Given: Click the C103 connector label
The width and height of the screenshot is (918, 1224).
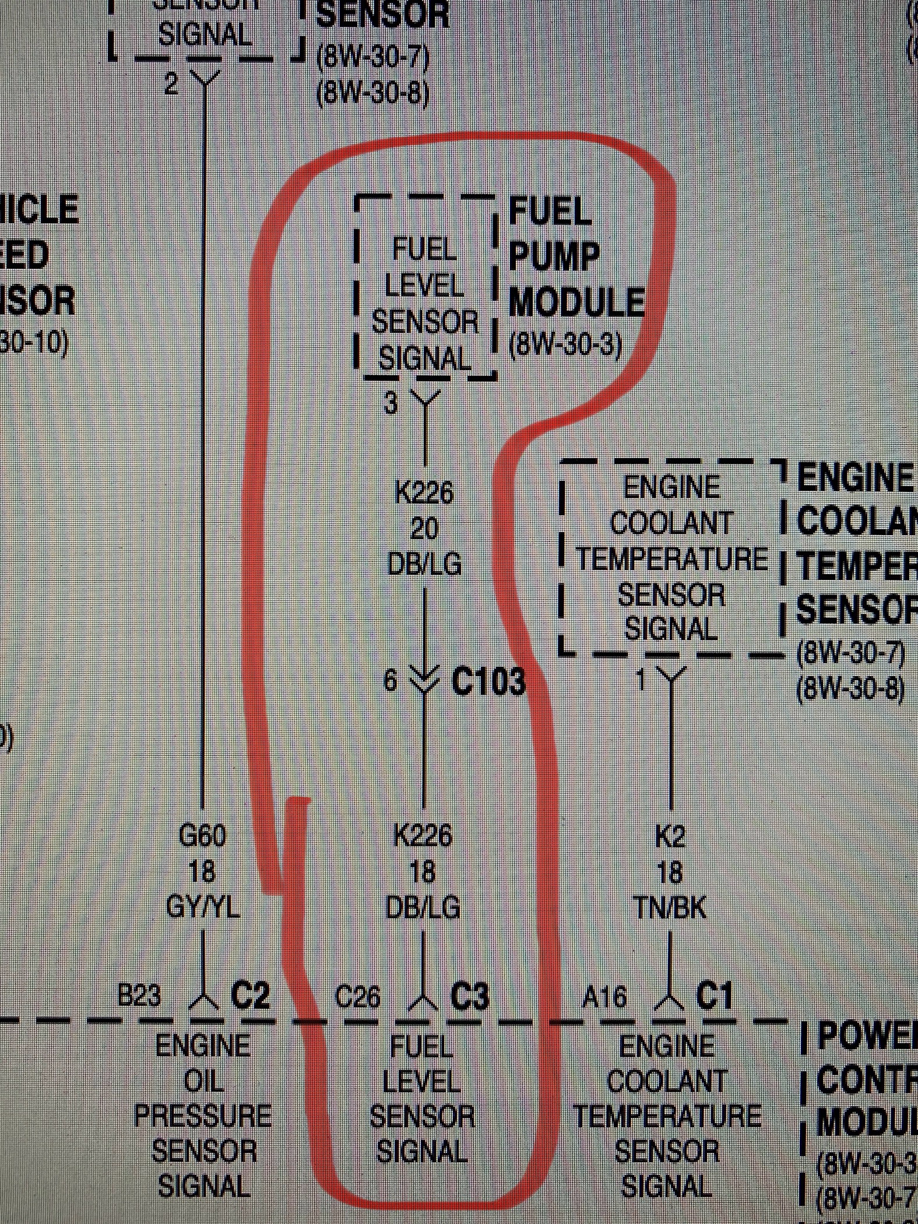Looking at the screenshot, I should coord(488,681).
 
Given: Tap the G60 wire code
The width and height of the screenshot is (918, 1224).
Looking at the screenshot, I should coord(202,838).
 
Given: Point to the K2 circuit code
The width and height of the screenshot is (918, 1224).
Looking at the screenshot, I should coord(670,838).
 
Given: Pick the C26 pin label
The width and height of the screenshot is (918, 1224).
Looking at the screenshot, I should coord(358,998).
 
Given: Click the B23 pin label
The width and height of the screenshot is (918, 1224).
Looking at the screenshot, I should coord(139,997).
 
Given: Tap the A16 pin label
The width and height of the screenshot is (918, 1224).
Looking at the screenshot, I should coord(604,998).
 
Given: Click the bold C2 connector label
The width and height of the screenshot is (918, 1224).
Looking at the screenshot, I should coord(251,997).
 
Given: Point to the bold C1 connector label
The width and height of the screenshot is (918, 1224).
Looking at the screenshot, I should coord(714,997).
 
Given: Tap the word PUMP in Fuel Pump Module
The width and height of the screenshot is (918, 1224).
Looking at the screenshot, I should coord(554,257).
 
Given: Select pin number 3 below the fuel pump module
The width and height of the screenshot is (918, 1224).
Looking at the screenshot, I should coord(391,403).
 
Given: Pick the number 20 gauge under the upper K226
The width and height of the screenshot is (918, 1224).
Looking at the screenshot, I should coord(424,530).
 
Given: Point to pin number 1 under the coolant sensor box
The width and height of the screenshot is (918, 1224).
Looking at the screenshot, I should coord(642,680).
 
